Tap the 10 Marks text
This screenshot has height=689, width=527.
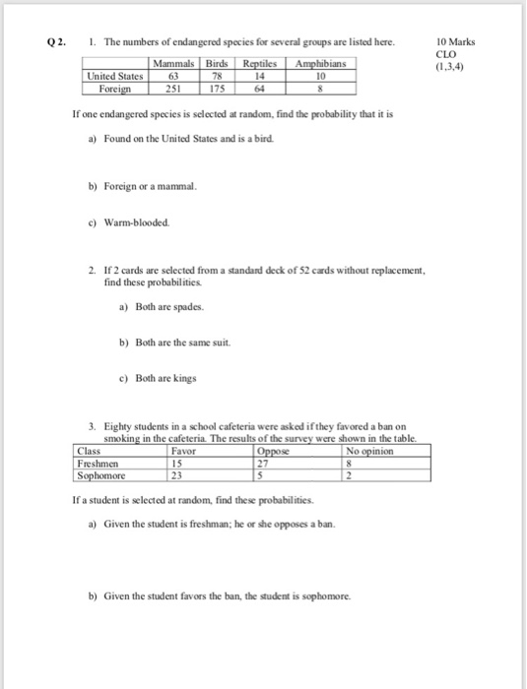pyautogui.click(x=454, y=44)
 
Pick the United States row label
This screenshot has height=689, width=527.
pyautogui.click(x=115, y=75)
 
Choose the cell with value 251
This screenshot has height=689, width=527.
pyautogui.click(x=173, y=87)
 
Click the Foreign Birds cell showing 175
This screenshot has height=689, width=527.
pyautogui.click(x=220, y=87)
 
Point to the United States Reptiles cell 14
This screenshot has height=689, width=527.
pyautogui.click(x=260, y=75)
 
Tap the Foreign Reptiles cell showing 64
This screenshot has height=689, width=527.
pyautogui.click(x=260, y=87)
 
